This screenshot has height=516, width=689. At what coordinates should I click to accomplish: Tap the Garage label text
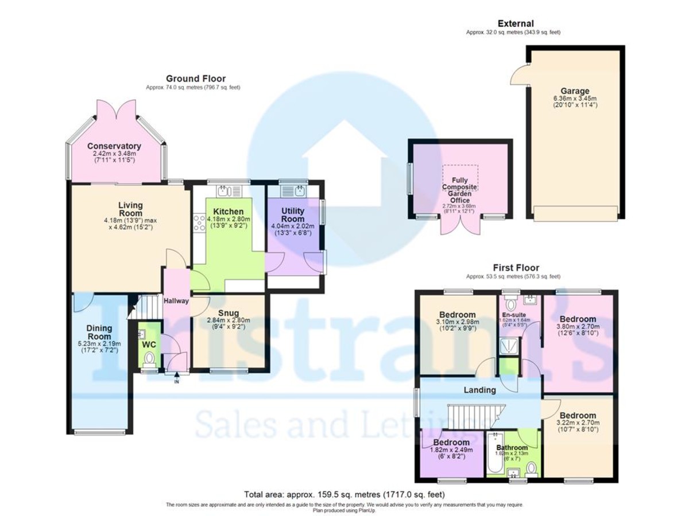[575, 91]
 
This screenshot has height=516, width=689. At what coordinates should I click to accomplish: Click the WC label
[149, 345]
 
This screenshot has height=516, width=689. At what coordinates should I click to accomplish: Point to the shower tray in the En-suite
[508, 345]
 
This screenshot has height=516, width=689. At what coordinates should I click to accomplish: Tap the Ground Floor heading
[196, 79]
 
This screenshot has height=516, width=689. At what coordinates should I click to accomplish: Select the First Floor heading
[516, 267]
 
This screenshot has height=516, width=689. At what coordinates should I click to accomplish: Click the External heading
[515, 24]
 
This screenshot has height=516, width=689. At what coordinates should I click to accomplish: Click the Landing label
[479, 390]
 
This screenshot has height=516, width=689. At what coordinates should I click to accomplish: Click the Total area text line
[344, 494]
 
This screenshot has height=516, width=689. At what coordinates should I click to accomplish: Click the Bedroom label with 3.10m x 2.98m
[457, 315]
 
